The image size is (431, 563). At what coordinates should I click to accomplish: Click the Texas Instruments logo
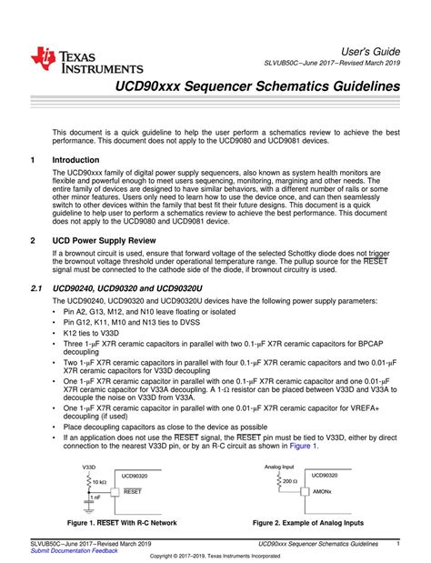pos(86,59)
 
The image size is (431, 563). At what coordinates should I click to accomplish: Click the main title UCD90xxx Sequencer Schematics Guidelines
pos(256,85)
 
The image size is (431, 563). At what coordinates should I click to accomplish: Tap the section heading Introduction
pos(78,158)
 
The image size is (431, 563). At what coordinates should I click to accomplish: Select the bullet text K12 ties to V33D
pos(99,333)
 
